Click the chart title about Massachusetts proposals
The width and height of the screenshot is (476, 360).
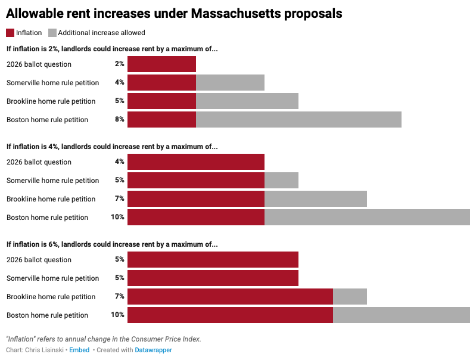pos(174,14)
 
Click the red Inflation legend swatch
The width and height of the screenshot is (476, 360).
pos(11,33)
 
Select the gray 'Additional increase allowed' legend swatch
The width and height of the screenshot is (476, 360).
pos(52,33)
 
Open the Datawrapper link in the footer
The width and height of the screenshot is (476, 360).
pos(153,350)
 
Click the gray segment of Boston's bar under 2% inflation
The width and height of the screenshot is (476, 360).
pos(298,119)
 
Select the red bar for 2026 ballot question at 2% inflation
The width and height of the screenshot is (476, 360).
pos(161,64)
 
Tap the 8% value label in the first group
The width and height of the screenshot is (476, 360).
pos(120,119)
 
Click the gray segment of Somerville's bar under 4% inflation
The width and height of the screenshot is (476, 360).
pos(281,180)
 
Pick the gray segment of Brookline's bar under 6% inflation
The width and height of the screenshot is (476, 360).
pos(350,296)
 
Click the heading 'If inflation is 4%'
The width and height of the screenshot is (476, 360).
pos(112,147)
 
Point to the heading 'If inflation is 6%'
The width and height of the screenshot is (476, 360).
pos(112,244)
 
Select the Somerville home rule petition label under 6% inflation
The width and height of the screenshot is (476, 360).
pos(52,278)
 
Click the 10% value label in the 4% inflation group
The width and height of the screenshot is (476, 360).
pos(117,217)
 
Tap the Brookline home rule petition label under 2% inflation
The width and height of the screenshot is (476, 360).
pos(51,101)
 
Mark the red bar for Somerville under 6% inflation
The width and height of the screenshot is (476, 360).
pos(213,278)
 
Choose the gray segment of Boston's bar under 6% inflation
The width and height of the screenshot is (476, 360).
pos(401,315)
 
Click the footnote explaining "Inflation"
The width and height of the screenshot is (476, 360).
pos(104,339)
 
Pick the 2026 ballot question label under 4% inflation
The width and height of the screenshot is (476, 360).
pos(39,162)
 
